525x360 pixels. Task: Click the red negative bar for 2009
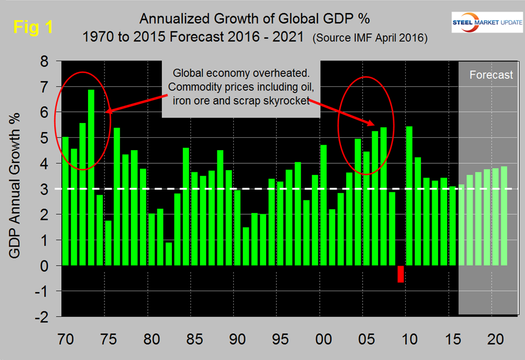[401, 274]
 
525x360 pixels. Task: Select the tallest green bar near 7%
[91, 177]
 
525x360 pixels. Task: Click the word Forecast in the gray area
[491, 75]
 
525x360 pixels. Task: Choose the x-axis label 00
[320, 338]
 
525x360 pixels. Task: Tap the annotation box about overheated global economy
[241, 91]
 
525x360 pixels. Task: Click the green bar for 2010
[409, 196]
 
